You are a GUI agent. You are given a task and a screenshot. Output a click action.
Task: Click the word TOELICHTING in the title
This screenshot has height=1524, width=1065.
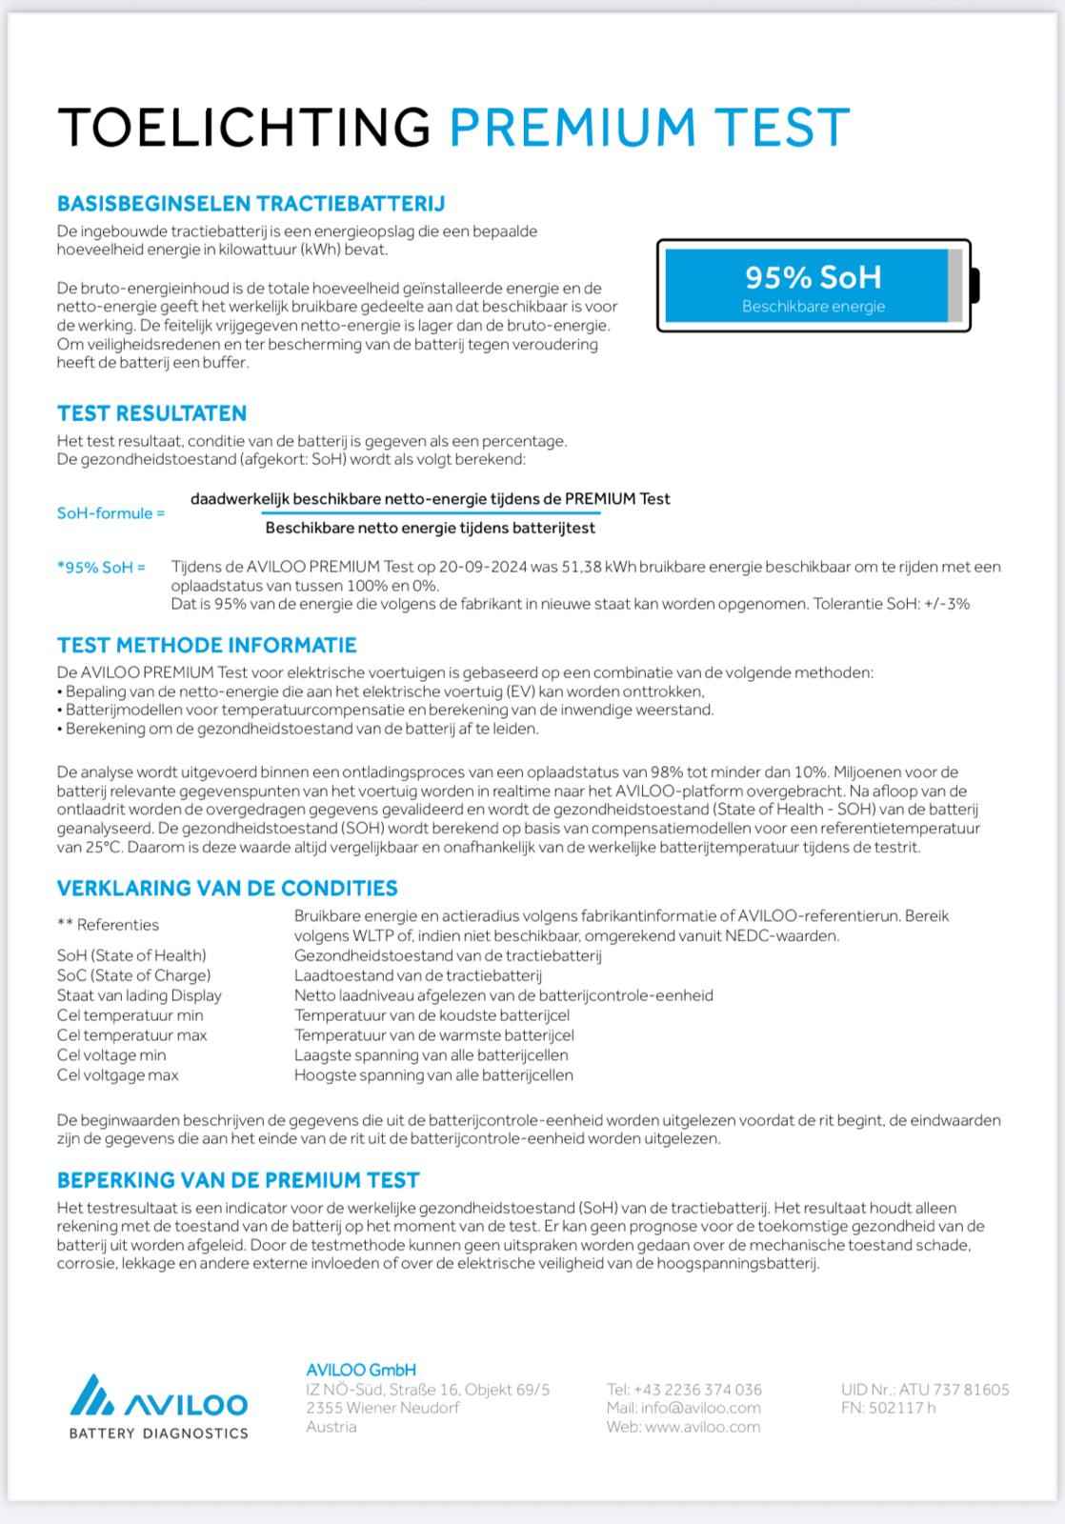coord(244,127)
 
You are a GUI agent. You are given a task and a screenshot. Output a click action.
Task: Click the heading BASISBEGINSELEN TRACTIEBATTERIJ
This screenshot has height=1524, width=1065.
coord(251,204)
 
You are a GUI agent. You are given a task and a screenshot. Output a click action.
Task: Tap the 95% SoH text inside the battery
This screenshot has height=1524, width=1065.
coord(813,277)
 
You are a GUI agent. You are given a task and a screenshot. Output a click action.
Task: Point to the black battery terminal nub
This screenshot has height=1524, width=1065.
coord(975,286)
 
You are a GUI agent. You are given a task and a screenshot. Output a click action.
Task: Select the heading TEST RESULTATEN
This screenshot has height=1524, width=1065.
coord(151,413)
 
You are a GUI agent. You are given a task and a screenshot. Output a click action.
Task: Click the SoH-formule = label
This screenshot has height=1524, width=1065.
coord(111,513)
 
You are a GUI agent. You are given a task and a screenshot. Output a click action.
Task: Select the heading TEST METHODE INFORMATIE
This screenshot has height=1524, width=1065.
coord(207,645)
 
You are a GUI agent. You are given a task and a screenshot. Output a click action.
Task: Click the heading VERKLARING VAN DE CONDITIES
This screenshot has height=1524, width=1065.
coord(227,888)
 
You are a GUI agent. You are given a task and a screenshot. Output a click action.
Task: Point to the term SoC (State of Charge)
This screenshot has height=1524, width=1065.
coord(133,975)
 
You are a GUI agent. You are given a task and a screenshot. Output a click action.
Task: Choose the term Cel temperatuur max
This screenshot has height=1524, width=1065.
coord(131,1035)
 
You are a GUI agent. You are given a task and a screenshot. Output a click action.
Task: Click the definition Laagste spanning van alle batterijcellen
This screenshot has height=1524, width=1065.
coord(431,1055)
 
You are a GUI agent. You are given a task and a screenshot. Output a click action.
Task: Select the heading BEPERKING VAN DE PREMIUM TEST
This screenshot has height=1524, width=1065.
coord(238,1180)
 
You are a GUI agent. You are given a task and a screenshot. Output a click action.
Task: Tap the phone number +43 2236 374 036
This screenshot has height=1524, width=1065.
coord(697,1390)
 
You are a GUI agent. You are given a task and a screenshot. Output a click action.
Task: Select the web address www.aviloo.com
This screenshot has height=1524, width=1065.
coord(702,1427)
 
